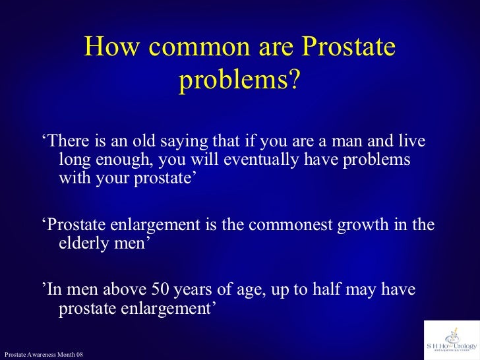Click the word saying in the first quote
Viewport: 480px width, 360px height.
tap(182, 143)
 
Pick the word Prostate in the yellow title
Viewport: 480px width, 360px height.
tap(347, 48)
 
